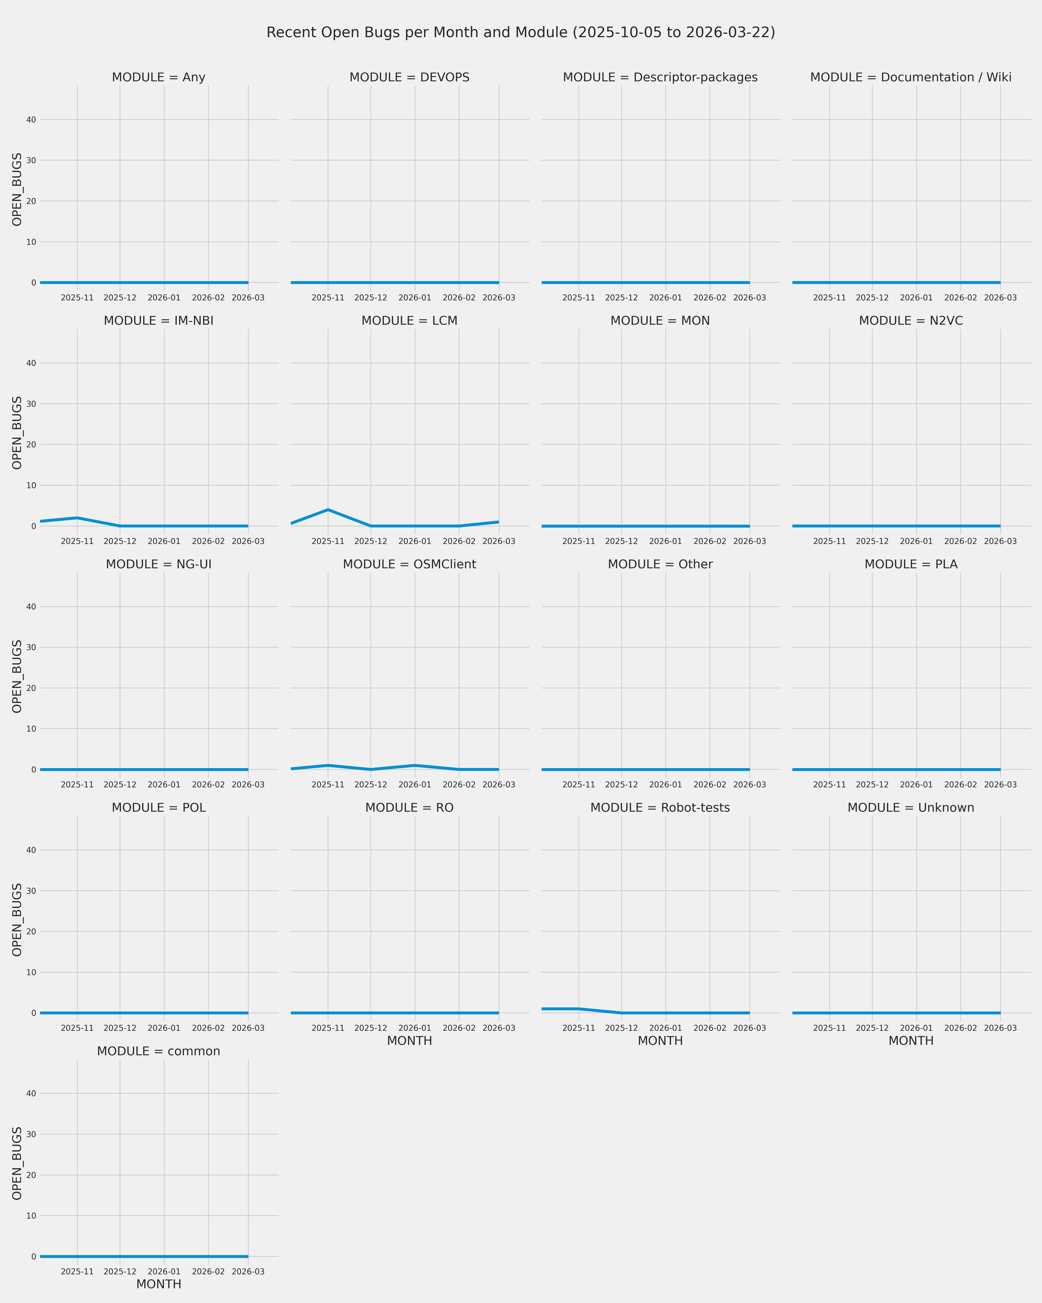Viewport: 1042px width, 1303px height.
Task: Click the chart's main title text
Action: (x=521, y=33)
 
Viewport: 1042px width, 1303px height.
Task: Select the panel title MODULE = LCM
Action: (x=410, y=321)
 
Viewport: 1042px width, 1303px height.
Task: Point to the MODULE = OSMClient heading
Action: (x=410, y=564)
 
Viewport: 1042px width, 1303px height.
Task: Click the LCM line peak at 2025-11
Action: (x=328, y=510)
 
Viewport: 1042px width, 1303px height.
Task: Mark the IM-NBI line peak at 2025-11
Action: (x=77, y=518)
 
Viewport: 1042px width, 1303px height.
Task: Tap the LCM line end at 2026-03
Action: (x=498, y=522)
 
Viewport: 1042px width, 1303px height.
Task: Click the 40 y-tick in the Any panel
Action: (x=31, y=120)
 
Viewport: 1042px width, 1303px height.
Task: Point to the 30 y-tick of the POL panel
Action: (x=31, y=891)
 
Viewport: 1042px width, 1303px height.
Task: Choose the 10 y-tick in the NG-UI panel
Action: (x=31, y=729)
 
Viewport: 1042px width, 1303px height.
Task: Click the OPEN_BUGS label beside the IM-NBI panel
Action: (x=17, y=433)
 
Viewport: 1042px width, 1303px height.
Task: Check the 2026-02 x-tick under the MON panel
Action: (x=710, y=542)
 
